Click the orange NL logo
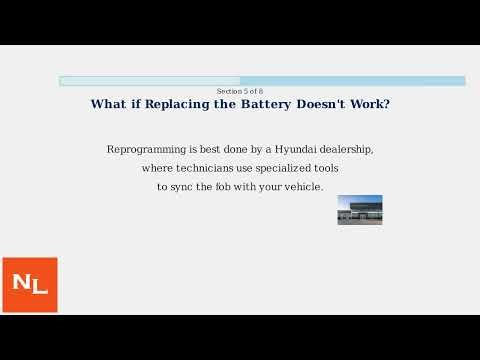pyautogui.click(x=29, y=284)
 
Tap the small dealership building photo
pyautogui.click(x=360, y=210)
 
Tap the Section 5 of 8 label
pyautogui.click(x=240, y=91)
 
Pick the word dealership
pyautogui.click(x=346, y=149)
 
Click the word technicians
pyautogui.click(x=205, y=168)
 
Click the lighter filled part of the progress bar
pyautogui.click(x=150, y=81)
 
